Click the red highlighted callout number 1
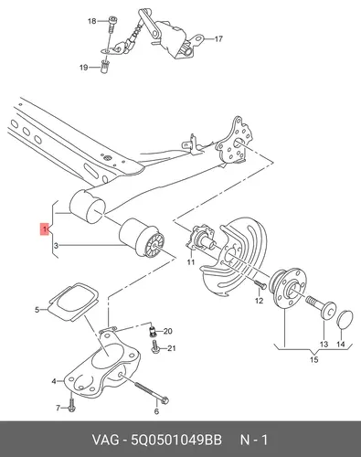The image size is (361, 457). [x=45, y=229]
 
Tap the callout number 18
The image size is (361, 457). [x=91, y=21]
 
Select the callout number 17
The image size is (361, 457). [x=218, y=39]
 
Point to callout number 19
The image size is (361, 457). [x=83, y=68]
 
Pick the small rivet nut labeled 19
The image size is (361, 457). [x=105, y=67]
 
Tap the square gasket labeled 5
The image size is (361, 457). [x=74, y=302]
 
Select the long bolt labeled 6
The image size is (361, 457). [x=151, y=392]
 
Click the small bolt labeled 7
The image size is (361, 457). [x=72, y=404]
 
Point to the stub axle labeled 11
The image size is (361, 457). [x=201, y=240]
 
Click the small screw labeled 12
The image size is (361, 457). [x=260, y=284]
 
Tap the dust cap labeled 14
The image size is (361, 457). [x=345, y=320]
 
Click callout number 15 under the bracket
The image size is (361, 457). [x=314, y=359]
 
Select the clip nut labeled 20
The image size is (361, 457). [x=154, y=331]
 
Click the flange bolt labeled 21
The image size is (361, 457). [x=156, y=347]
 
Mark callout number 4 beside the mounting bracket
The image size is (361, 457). [x=54, y=381]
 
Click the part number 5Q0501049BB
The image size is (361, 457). [x=176, y=440]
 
